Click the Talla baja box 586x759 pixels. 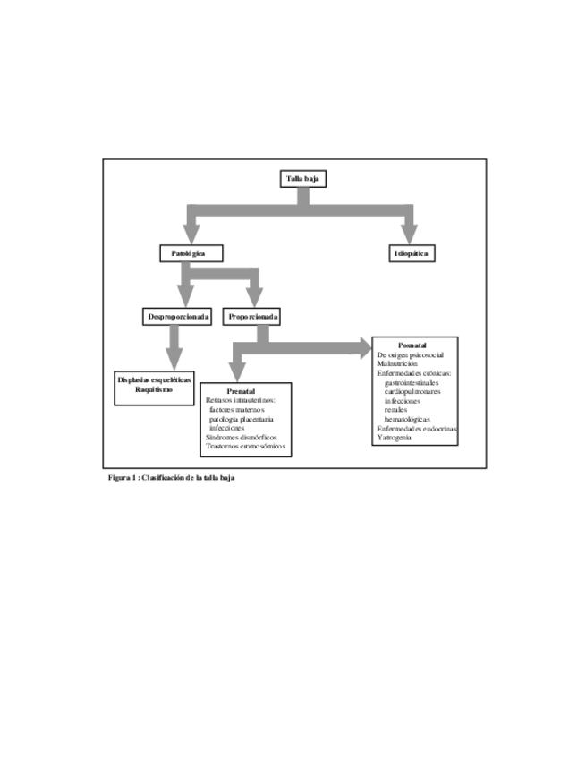pyautogui.click(x=302, y=180)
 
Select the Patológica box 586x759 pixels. pyautogui.click(x=190, y=254)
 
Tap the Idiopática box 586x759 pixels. pyautogui.click(x=412, y=254)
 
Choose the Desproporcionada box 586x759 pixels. pyautogui.click(x=179, y=317)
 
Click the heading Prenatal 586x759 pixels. pyautogui.click(x=242, y=392)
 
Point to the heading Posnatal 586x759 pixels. pyautogui.click(x=412, y=345)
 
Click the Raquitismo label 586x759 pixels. pyautogui.click(x=154, y=389)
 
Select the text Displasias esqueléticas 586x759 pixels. pyautogui.click(x=154, y=380)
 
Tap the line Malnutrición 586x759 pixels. pyautogui.click(x=397, y=364)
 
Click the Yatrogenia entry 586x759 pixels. pyautogui.click(x=395, y=438)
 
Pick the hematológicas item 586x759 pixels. pyautogui.click(x=407, y=419)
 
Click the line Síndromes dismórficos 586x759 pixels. pyautogui.click(x=241, y=437)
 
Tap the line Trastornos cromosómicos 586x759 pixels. pyautogui.click(x=245, y=446)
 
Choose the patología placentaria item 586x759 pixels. pyautogui.click(x=241, y=419)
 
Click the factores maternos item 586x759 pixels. pyautogui.click(x=237, y=410)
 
